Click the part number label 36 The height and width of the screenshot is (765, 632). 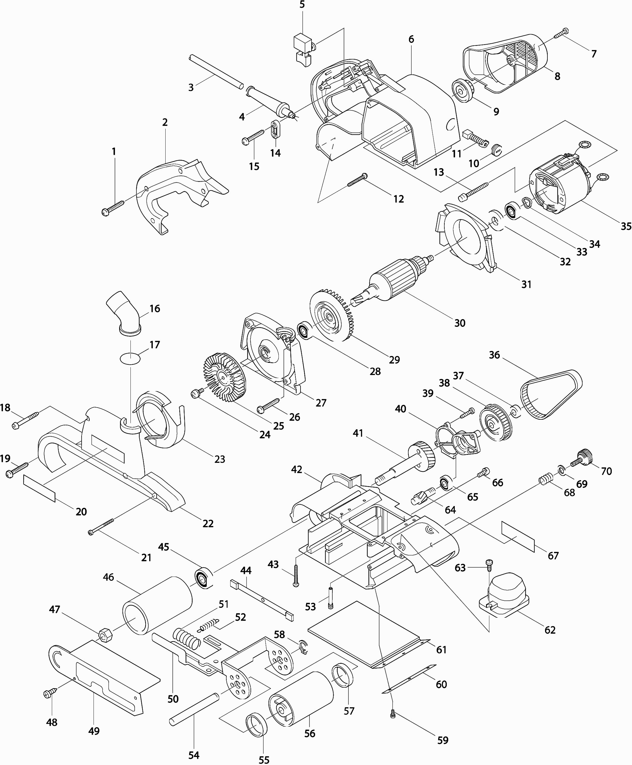(494, 355)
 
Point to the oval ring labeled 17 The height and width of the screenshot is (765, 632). (130, 357)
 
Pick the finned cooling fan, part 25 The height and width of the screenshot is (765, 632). (225, 377)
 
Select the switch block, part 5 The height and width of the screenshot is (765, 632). (303, 49)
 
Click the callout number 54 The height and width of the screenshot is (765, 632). (194, 755)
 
